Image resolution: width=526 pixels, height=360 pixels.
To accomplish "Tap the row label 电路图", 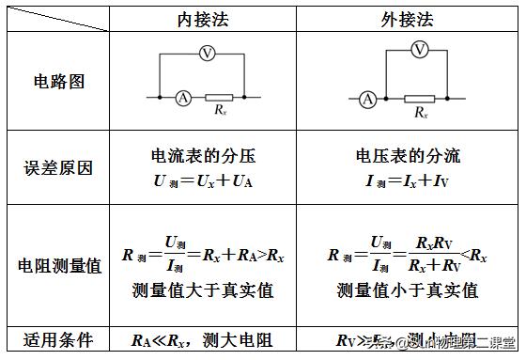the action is point(58,81).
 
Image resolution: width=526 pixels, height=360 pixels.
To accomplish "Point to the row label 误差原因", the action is point(58,169).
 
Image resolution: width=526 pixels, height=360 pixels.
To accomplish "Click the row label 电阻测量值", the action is point(58,266).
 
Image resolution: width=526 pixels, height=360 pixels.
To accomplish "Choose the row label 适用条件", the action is point(58,339).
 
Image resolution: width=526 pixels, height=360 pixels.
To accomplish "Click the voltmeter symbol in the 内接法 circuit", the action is point(207,55).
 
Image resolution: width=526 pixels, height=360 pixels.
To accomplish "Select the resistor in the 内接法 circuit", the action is point(219,97).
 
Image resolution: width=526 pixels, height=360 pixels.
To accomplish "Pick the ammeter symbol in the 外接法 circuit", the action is point(368,98).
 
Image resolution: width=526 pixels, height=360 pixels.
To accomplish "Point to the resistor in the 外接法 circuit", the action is point(419,98).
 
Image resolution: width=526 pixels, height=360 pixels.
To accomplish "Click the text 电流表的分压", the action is point(203,157).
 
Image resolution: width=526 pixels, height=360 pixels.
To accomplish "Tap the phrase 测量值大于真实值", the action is point(203,291).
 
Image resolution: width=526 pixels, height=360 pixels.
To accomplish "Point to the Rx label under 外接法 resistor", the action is point(420,113).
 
